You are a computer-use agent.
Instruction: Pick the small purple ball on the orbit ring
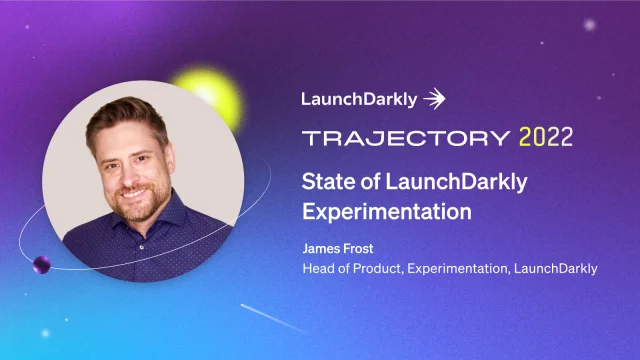click(x=43, y=265)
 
